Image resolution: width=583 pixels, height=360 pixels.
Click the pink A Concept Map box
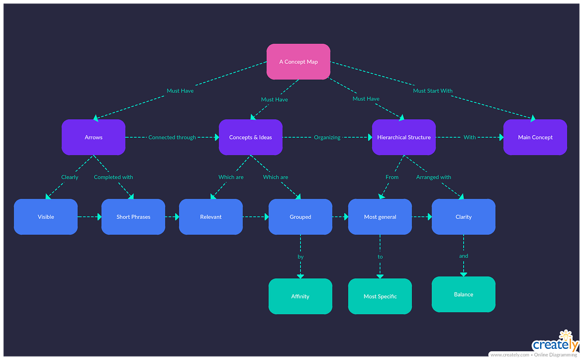pyautogui.click(x=298, y=62)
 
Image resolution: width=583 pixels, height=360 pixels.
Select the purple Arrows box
pyautogui.click(x=94, y=137)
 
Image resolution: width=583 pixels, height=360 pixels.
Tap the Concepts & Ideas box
pyautogui.click(x=251, y=137)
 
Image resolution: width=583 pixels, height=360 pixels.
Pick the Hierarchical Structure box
pyautogui.click(x=404, y=137)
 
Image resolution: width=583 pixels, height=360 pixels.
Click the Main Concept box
pyautogui.click(x=535, y=137)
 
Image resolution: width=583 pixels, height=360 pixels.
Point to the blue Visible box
pyautogui.click(x=46, y=217)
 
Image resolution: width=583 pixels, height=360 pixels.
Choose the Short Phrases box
pyautogui.click(x=133, y=217)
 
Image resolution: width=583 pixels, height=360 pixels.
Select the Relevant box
pyautogui.click(x=211, y=217)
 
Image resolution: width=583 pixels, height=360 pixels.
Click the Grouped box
pyautogui.click(x=300, y=217)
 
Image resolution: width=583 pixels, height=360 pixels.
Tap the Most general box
pyautogui.click(x=380, y=217)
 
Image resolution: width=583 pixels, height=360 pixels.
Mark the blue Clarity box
pyautogui.click(x=463, y=217)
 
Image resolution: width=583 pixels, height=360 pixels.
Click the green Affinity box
pyautogui.click(x=300, y=296)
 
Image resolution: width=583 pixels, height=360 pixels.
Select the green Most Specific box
pyautogui.click(x=380, y=296)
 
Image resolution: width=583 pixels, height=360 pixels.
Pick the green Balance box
pyautogui.click(x=463, y=294)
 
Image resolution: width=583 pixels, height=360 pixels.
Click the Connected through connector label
pyautogui.click(x=172, y=137)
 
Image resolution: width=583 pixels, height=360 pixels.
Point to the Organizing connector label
pyautogui.click(x=327, y=137)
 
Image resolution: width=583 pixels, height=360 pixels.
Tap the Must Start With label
pyautogui.click(x=433, y=91)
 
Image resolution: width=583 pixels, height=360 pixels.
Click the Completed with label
pyautogui.click(x=113, y=177)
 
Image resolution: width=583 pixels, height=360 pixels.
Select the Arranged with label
pyautogui.click(x=434, y=177)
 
